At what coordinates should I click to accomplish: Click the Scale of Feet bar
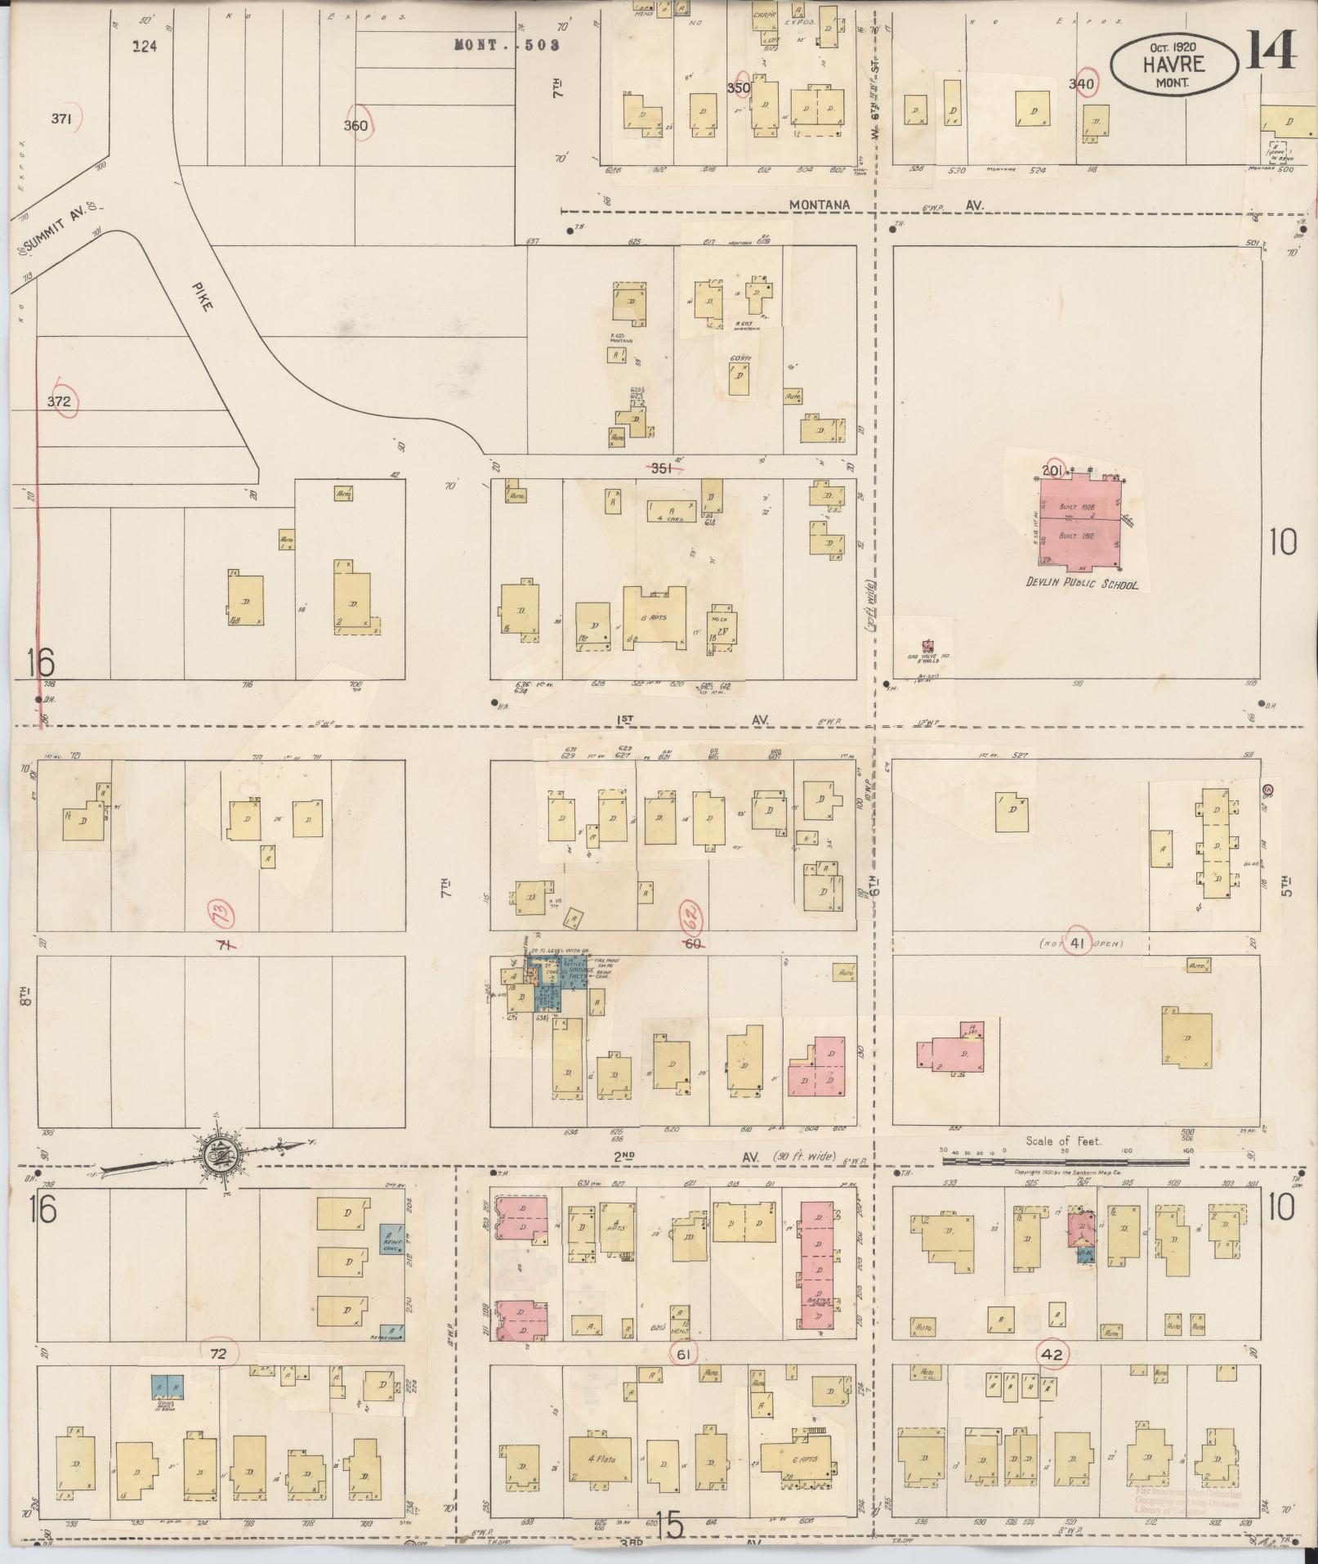1066,1159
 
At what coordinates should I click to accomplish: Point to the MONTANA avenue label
820,205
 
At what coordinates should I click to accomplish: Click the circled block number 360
356,125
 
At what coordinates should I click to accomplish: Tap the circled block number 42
1052,1354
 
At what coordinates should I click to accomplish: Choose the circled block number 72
217,1353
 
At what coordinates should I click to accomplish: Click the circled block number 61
685,1355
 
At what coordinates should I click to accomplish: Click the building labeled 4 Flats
602,1459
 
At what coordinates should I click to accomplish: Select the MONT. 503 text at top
507,45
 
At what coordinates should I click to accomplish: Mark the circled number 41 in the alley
1077,945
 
